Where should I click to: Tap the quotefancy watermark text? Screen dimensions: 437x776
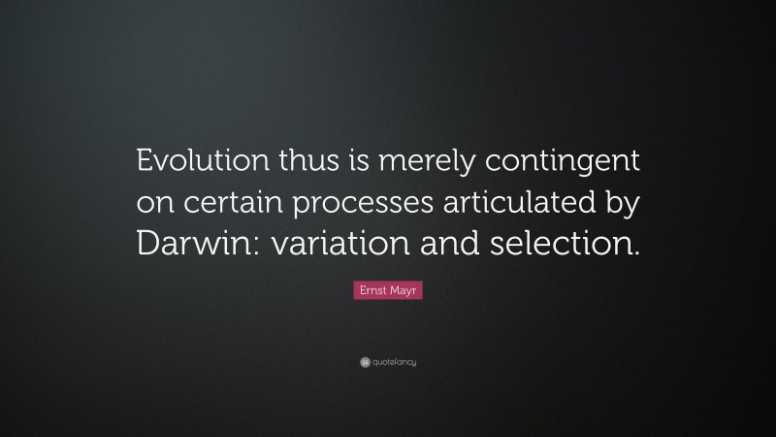394,362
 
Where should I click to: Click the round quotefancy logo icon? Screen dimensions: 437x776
365,362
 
